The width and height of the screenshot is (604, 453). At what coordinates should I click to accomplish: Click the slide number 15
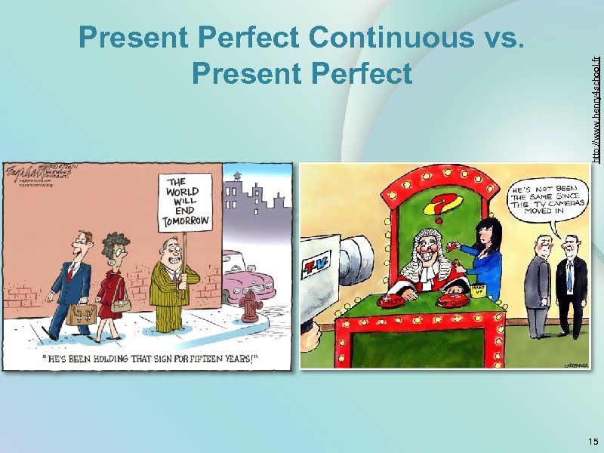[591, 441]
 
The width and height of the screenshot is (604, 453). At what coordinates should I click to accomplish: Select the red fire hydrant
[250, 306]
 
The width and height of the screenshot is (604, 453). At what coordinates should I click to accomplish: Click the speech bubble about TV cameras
[542, 198]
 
